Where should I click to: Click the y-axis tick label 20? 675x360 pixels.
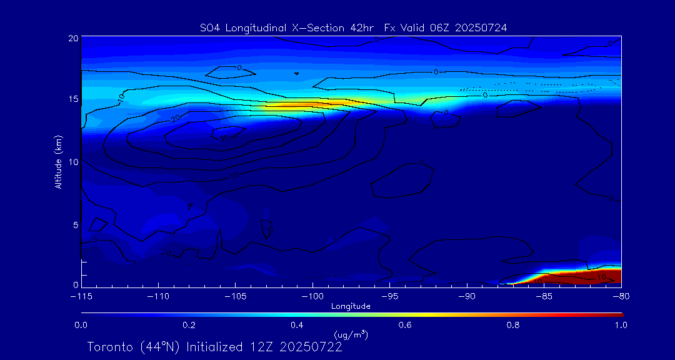pos(73,38)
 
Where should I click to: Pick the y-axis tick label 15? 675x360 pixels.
pos(73,99)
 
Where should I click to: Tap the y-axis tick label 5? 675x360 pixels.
pos(76,224)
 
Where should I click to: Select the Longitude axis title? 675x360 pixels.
pos(351,306)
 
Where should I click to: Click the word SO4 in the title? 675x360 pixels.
pos(211,27)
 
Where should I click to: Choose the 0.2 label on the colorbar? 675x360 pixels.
pos(189,325)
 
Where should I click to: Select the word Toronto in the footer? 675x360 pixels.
pos(108,347)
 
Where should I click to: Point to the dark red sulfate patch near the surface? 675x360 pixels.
pos(587,278)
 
